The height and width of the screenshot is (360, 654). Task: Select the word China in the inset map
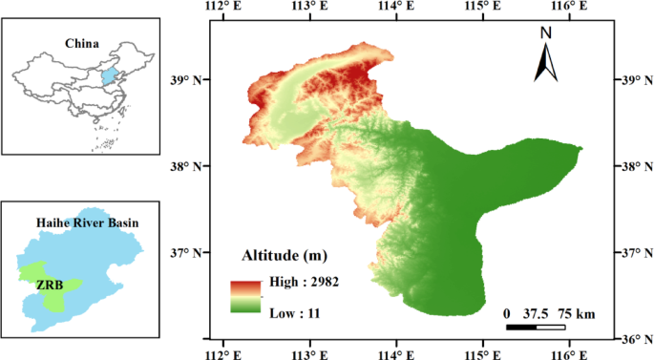pos(83,43)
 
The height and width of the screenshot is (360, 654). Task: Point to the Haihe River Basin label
pos(88,222)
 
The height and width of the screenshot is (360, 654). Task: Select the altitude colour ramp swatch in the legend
pos(244,296)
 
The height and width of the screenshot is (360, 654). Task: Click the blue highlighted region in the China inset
pos(109,76)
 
